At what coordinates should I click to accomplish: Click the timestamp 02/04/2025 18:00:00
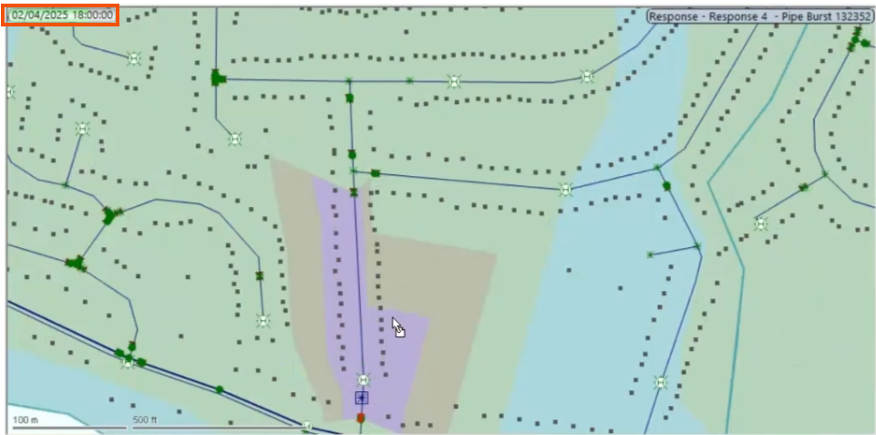click(x=62, y=16)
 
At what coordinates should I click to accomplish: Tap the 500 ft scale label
click(x=146, y=419)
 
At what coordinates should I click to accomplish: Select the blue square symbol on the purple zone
click(x=362, y=398)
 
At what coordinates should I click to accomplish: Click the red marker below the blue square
click(x=361, y=418)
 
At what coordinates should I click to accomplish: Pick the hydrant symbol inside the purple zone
click(x=363, y=379)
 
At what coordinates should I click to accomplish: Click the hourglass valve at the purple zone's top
click(x=354, y=192)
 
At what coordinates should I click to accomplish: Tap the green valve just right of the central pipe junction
click(x=375, y=172)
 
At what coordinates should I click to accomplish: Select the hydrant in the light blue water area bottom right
click(x=659, y=382)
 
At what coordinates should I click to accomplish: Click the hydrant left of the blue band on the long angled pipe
click(x=566, y=190)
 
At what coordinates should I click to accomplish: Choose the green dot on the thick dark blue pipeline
click(x=220, y=389)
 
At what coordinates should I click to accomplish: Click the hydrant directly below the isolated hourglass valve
click(x=263, y=320)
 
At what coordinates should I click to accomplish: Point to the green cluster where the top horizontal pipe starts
click(x=217, y=78)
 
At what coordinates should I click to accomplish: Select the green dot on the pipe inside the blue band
click(x=666, y=185)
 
